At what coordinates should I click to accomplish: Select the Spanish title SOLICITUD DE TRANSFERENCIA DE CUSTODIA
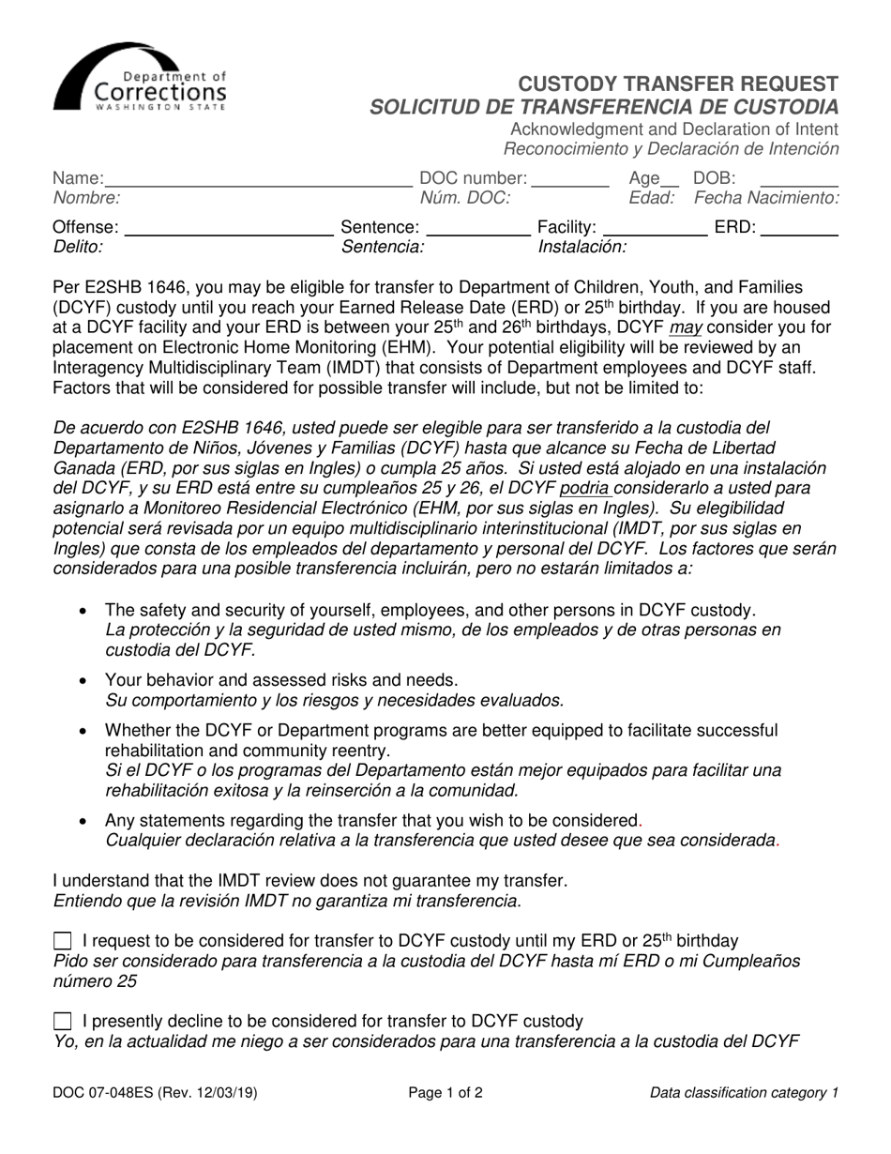(604, 106)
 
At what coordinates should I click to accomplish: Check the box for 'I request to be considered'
(63, 941)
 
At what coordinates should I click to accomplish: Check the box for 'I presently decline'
(63, 1021)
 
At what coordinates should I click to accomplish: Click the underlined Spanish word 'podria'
(585, 488)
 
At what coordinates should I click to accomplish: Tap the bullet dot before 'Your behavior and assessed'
(84, 680)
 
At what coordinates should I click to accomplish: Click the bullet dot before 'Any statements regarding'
(84, 821)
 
